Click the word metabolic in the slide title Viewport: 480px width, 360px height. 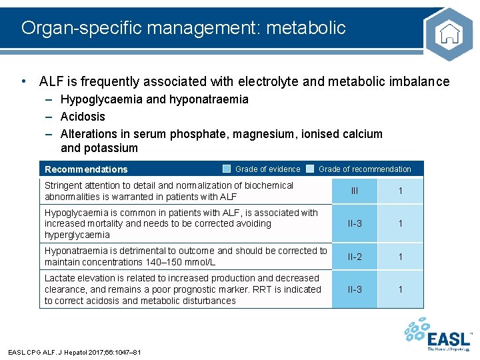313,27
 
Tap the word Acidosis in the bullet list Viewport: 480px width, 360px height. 83,117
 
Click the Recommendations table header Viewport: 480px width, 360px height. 86,169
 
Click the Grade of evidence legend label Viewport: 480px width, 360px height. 267,169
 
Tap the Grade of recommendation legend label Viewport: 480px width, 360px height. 365,169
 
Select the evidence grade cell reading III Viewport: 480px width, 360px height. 355,191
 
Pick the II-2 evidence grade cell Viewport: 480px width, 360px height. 355,257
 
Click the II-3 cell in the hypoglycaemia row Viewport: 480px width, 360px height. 355,224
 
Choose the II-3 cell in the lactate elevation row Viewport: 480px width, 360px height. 355,289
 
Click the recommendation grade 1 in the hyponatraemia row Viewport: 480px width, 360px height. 401,257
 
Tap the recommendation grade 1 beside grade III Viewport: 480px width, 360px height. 401,191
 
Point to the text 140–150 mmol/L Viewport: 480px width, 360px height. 183,262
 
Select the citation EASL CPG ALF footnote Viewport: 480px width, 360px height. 74,352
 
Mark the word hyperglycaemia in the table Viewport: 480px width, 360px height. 77,235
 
